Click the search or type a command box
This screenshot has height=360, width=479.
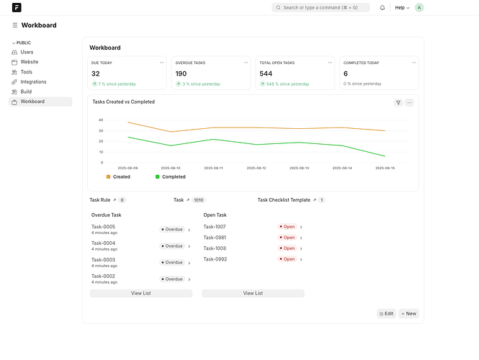coord(321,8)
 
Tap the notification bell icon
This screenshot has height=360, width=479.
coord(382,8)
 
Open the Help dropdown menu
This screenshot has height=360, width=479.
coord(402,8)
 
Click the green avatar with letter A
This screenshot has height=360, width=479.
coord(419,8)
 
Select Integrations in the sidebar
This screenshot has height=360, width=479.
coord(33,82)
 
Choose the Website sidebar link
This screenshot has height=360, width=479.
coord(30,62)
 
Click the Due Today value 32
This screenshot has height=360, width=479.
coord(96,73)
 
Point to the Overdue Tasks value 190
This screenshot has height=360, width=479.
coord(181,73)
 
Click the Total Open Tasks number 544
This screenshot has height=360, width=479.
coord(266,73)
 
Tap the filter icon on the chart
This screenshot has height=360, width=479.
coord(398,102)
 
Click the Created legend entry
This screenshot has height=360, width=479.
coord(118,177)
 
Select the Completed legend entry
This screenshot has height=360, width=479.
coord(171,177)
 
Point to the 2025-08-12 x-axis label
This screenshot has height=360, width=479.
coord(256,168)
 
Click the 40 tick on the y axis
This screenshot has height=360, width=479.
coord(101,120)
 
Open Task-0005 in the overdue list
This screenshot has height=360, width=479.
coord(103,227)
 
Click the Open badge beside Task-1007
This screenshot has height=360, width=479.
coord(287,227)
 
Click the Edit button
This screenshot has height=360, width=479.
coord(386,314)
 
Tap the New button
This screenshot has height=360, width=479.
coord(408,314)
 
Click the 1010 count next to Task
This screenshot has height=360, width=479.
coord(199,200)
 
